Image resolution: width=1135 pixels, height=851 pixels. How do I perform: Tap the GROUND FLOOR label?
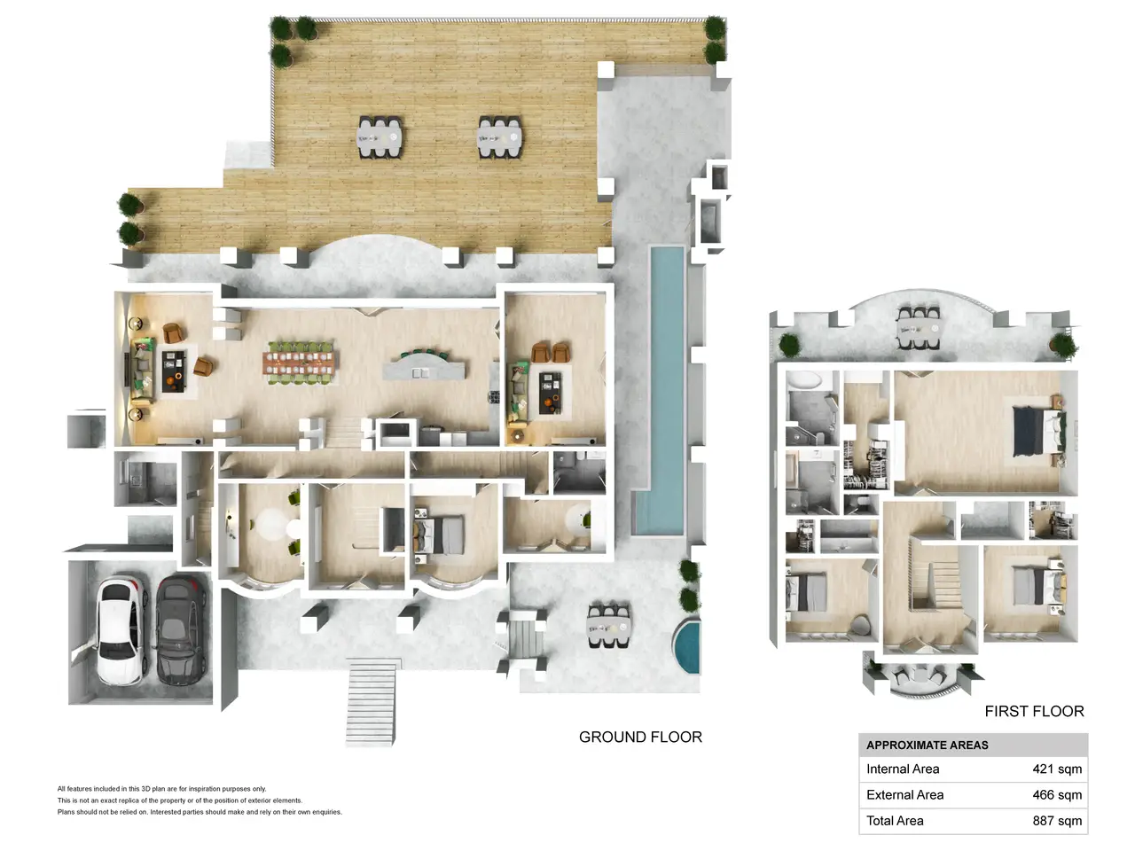pyautogui.click(x=640, y=737)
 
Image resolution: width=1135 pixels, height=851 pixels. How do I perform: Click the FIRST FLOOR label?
pyautogui.click(x=1034, y=711)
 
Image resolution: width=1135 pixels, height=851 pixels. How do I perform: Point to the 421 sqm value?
pyautogui.click(x=1057, y=769)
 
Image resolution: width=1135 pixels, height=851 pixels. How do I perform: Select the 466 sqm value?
pyautogui.click(x=1057, y=794)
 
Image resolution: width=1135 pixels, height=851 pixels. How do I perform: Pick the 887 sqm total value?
pyautogui.click(x=1057, y=821)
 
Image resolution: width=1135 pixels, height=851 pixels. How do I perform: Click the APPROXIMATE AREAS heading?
pyautogui.click(x=928, y=746)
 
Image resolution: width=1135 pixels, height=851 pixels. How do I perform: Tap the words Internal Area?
pyautogui.click(x=903, y=769)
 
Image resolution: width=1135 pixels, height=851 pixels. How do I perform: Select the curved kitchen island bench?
pyautogui.click(x=424, y=365)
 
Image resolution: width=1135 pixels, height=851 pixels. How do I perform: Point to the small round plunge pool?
pyautogui.click(x=686, y=646)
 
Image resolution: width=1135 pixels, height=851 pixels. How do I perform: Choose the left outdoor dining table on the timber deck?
pyautogui.click(x=380, y=137)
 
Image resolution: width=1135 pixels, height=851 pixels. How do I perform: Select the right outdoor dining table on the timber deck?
pyautogui.click(x=499, y=137)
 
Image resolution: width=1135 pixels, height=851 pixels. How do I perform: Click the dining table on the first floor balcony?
pyautogui.click(x=919, y=328)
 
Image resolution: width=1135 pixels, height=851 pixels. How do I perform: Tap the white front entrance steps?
pyautogui.click(x=372, y=703)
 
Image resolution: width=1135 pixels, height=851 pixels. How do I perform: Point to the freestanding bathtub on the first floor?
pyautogui.click(x=802, y=380)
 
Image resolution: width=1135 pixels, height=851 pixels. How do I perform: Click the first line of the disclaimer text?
pyautogui.click(x=162, y=789)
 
